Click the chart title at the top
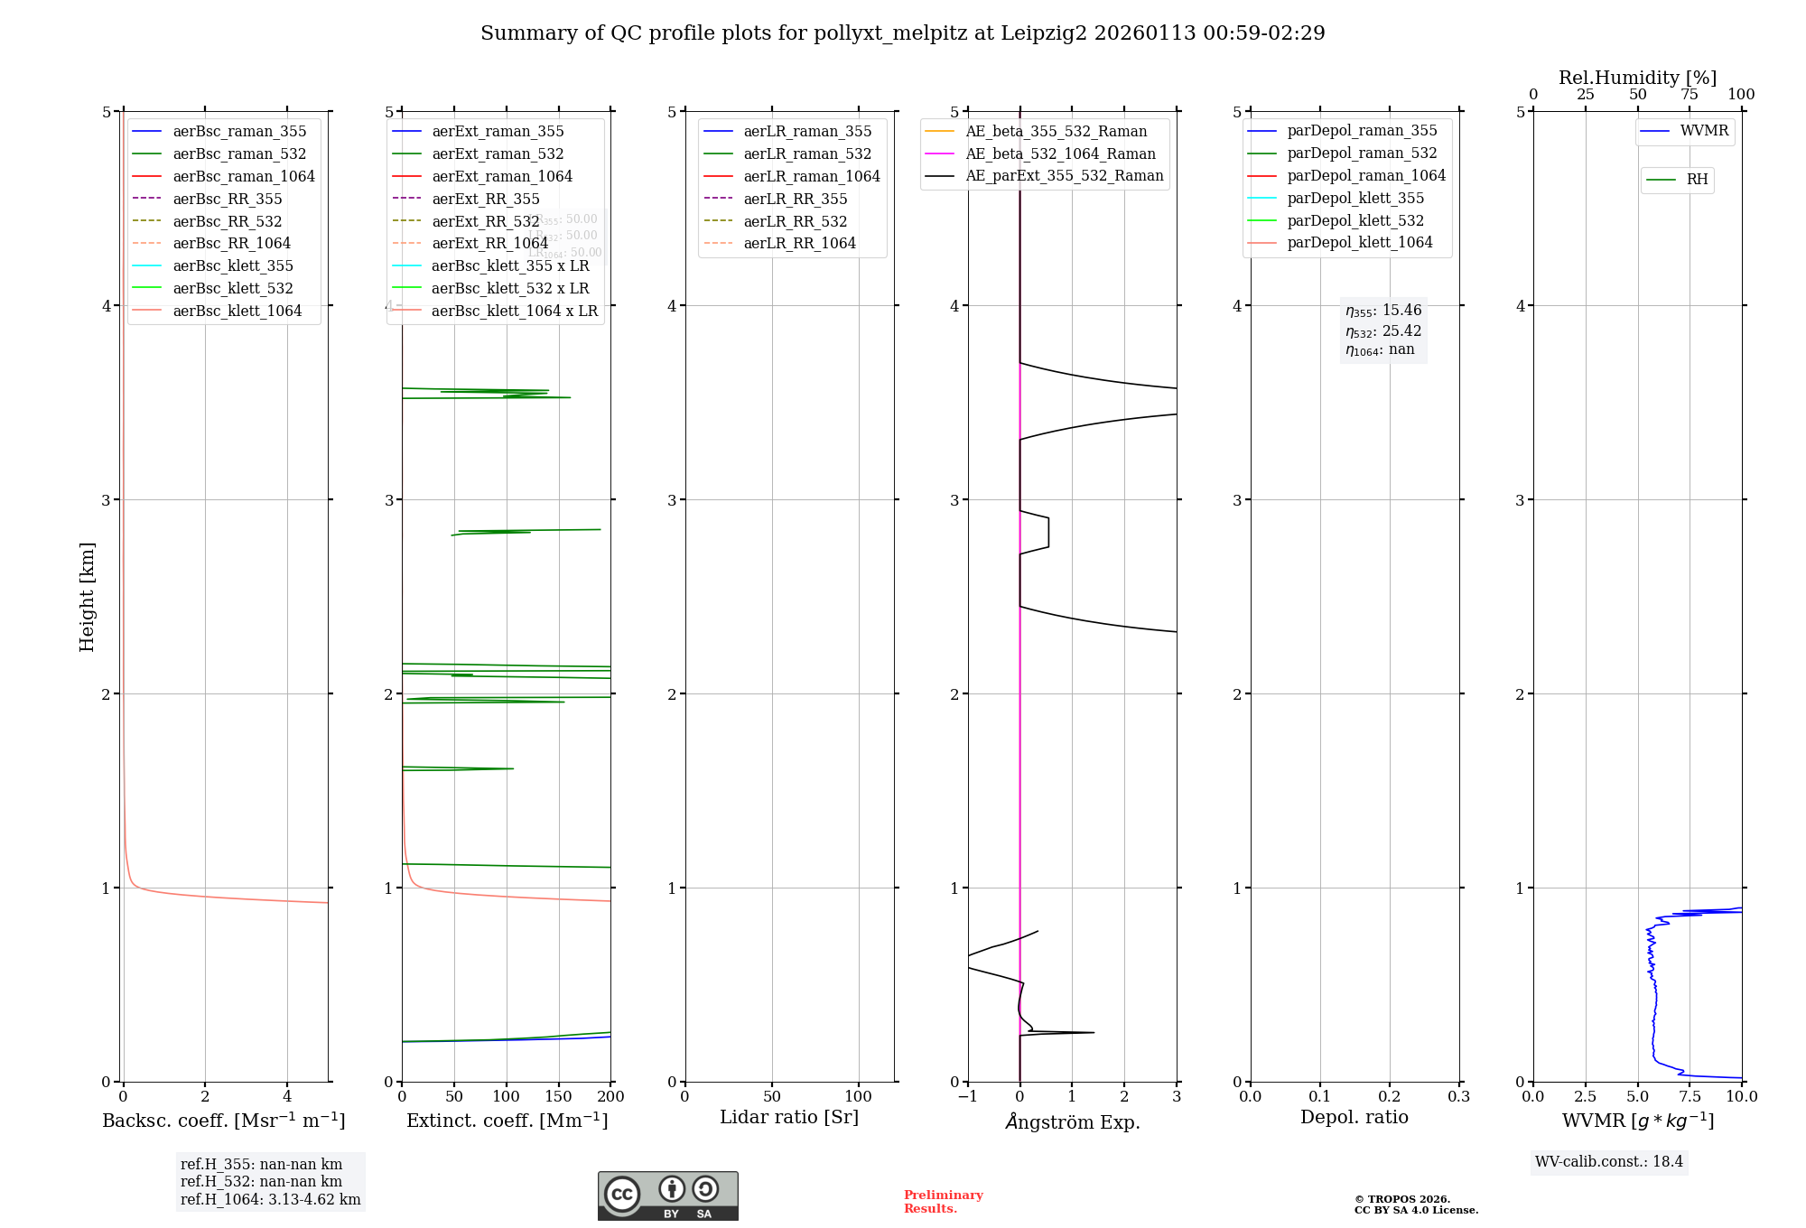point(902,33)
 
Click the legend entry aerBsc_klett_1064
point(237,311)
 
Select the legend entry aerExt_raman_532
point(498,153)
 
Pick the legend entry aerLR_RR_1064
point(799,243)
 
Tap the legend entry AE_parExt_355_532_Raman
point(1064,175)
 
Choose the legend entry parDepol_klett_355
point(1354,198)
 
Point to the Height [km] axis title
point(87,596)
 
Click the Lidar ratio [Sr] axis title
point(788,1117)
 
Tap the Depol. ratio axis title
point(1354,1117)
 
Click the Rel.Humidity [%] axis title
point(1637,78)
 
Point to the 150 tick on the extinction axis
point(558,1096)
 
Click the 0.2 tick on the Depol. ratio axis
point(1390,1096)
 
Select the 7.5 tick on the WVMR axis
point(1690,1096)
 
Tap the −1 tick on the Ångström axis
point(967,1096)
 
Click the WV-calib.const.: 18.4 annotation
point(1608,1161)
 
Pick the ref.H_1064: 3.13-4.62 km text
point(270,1199)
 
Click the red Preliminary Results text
point(943,1201)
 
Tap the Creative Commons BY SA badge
point(667,1195)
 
